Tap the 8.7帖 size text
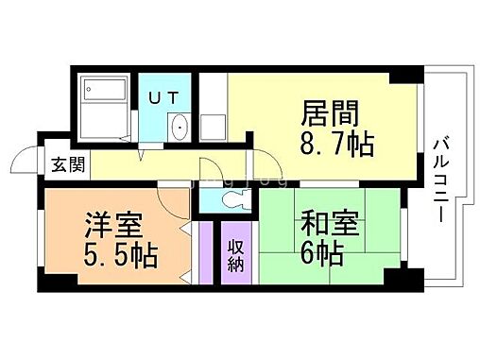[x=337, y=145]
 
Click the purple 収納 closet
[x=235, y=252]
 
